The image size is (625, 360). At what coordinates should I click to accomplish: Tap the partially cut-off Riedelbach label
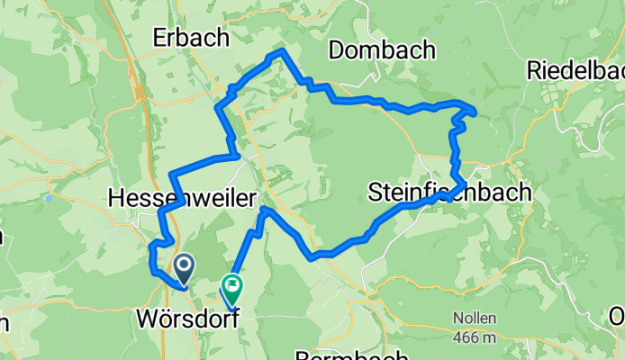pyautogui.click(x=575, y=70)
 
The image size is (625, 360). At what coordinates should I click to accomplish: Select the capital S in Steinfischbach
pyautogui.click(x=375, y=192)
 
